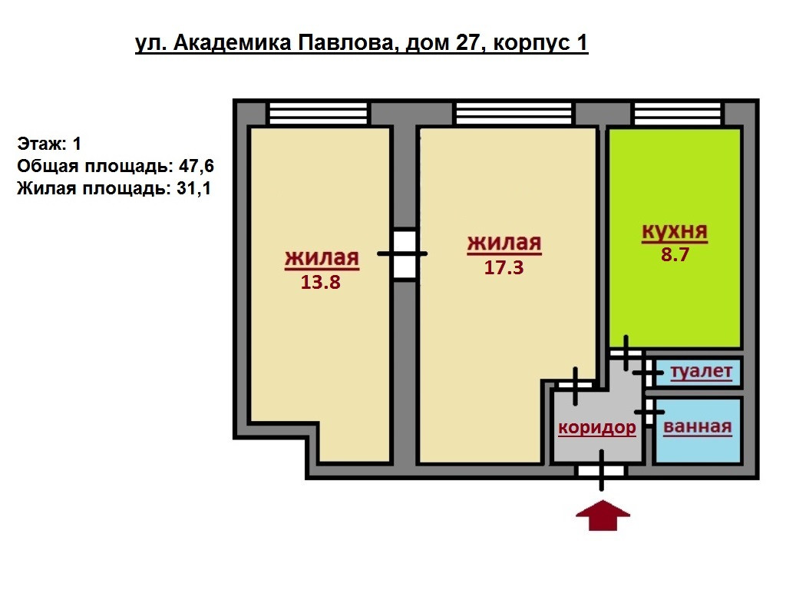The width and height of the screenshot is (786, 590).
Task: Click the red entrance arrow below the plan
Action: click(603, 515)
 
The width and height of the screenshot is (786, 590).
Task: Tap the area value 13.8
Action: click(322, 282)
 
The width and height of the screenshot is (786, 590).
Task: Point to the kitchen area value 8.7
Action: click(675, 254)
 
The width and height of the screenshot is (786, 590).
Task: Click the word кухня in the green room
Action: click(675, 232)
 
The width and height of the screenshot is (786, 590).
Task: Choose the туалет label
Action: click(702, 373)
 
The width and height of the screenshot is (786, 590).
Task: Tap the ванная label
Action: click(697, 427)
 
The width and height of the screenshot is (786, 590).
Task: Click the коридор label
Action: click(597, 428)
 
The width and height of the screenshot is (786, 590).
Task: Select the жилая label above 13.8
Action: click(322, 258)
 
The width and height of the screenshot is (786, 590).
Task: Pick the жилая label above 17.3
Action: click(504, 244)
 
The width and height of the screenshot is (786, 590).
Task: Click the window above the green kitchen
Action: click(678, 114)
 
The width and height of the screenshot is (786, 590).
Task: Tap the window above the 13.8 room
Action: click(318, 114)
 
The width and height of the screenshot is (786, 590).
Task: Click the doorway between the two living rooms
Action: click(404, 254)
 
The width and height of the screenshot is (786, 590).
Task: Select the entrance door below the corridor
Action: click(602, 471)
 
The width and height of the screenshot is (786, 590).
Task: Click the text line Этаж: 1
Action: click(49, 144)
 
